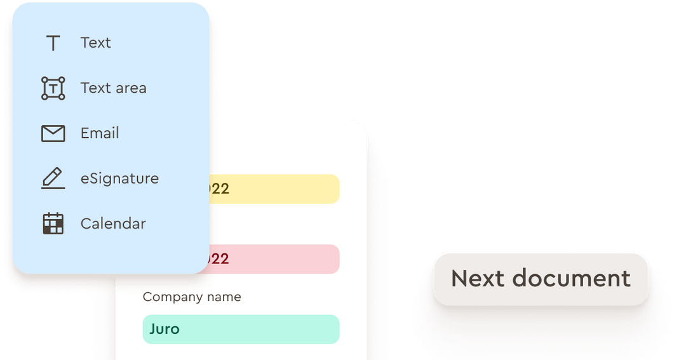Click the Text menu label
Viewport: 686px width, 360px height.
95,43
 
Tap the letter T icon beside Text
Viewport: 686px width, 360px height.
53,43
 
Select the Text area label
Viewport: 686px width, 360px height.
113,88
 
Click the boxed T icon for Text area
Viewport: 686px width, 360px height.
53,88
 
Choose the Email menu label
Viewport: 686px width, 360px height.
100,133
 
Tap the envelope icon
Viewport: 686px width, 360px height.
53,133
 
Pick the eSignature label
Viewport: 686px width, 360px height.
119,178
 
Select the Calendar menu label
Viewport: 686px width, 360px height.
113,223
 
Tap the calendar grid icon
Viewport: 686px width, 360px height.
53,223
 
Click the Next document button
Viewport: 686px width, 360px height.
541,278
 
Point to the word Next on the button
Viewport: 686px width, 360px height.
478,278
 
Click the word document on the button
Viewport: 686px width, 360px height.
572,278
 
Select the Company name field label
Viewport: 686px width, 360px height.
192,297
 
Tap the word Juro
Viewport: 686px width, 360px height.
165,329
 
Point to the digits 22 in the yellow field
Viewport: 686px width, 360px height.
220,189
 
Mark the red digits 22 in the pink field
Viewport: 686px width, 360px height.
220,259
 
